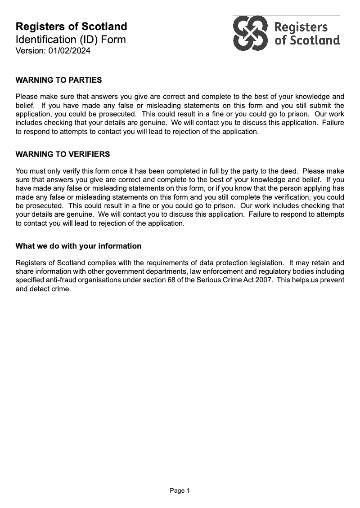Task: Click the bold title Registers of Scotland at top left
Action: click(x=71, y=27)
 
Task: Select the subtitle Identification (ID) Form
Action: click(x=71, y=40)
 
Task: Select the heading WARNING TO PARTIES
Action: click(x=58, y=80)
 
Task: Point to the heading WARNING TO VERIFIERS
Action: click(x=63, y=155)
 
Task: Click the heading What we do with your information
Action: click(x=78, y=246)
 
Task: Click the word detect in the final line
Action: click(x=40, y=289)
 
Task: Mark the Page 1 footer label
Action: click(x=180, y=491)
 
